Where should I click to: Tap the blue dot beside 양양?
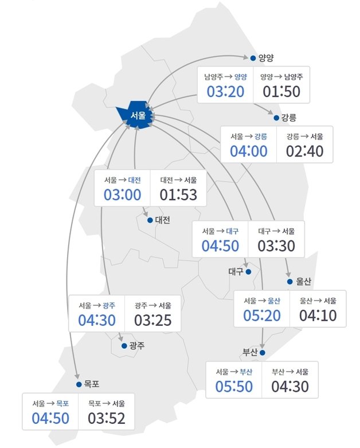[x=253, y=57]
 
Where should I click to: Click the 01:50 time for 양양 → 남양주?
[x=281, y=91]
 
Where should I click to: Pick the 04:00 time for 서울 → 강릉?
[x=248, y=151]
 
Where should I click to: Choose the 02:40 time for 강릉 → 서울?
[x=305, y=151]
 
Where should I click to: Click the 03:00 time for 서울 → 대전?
[x=122, y=194]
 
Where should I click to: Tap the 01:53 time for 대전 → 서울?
[x=178, y=194]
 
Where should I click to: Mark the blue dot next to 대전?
[x=150, y=220]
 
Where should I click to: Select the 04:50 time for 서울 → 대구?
[x=220, y=246]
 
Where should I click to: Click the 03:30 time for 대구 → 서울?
[x=276, y=246]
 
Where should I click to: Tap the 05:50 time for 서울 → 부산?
[x=234, y=387]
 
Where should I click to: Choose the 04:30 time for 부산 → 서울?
[x=290, y=387]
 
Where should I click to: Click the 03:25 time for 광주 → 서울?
[x=152, y=320]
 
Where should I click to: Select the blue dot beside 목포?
[x=79, y=384]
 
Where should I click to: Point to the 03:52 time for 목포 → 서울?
[x=107, y=418]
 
